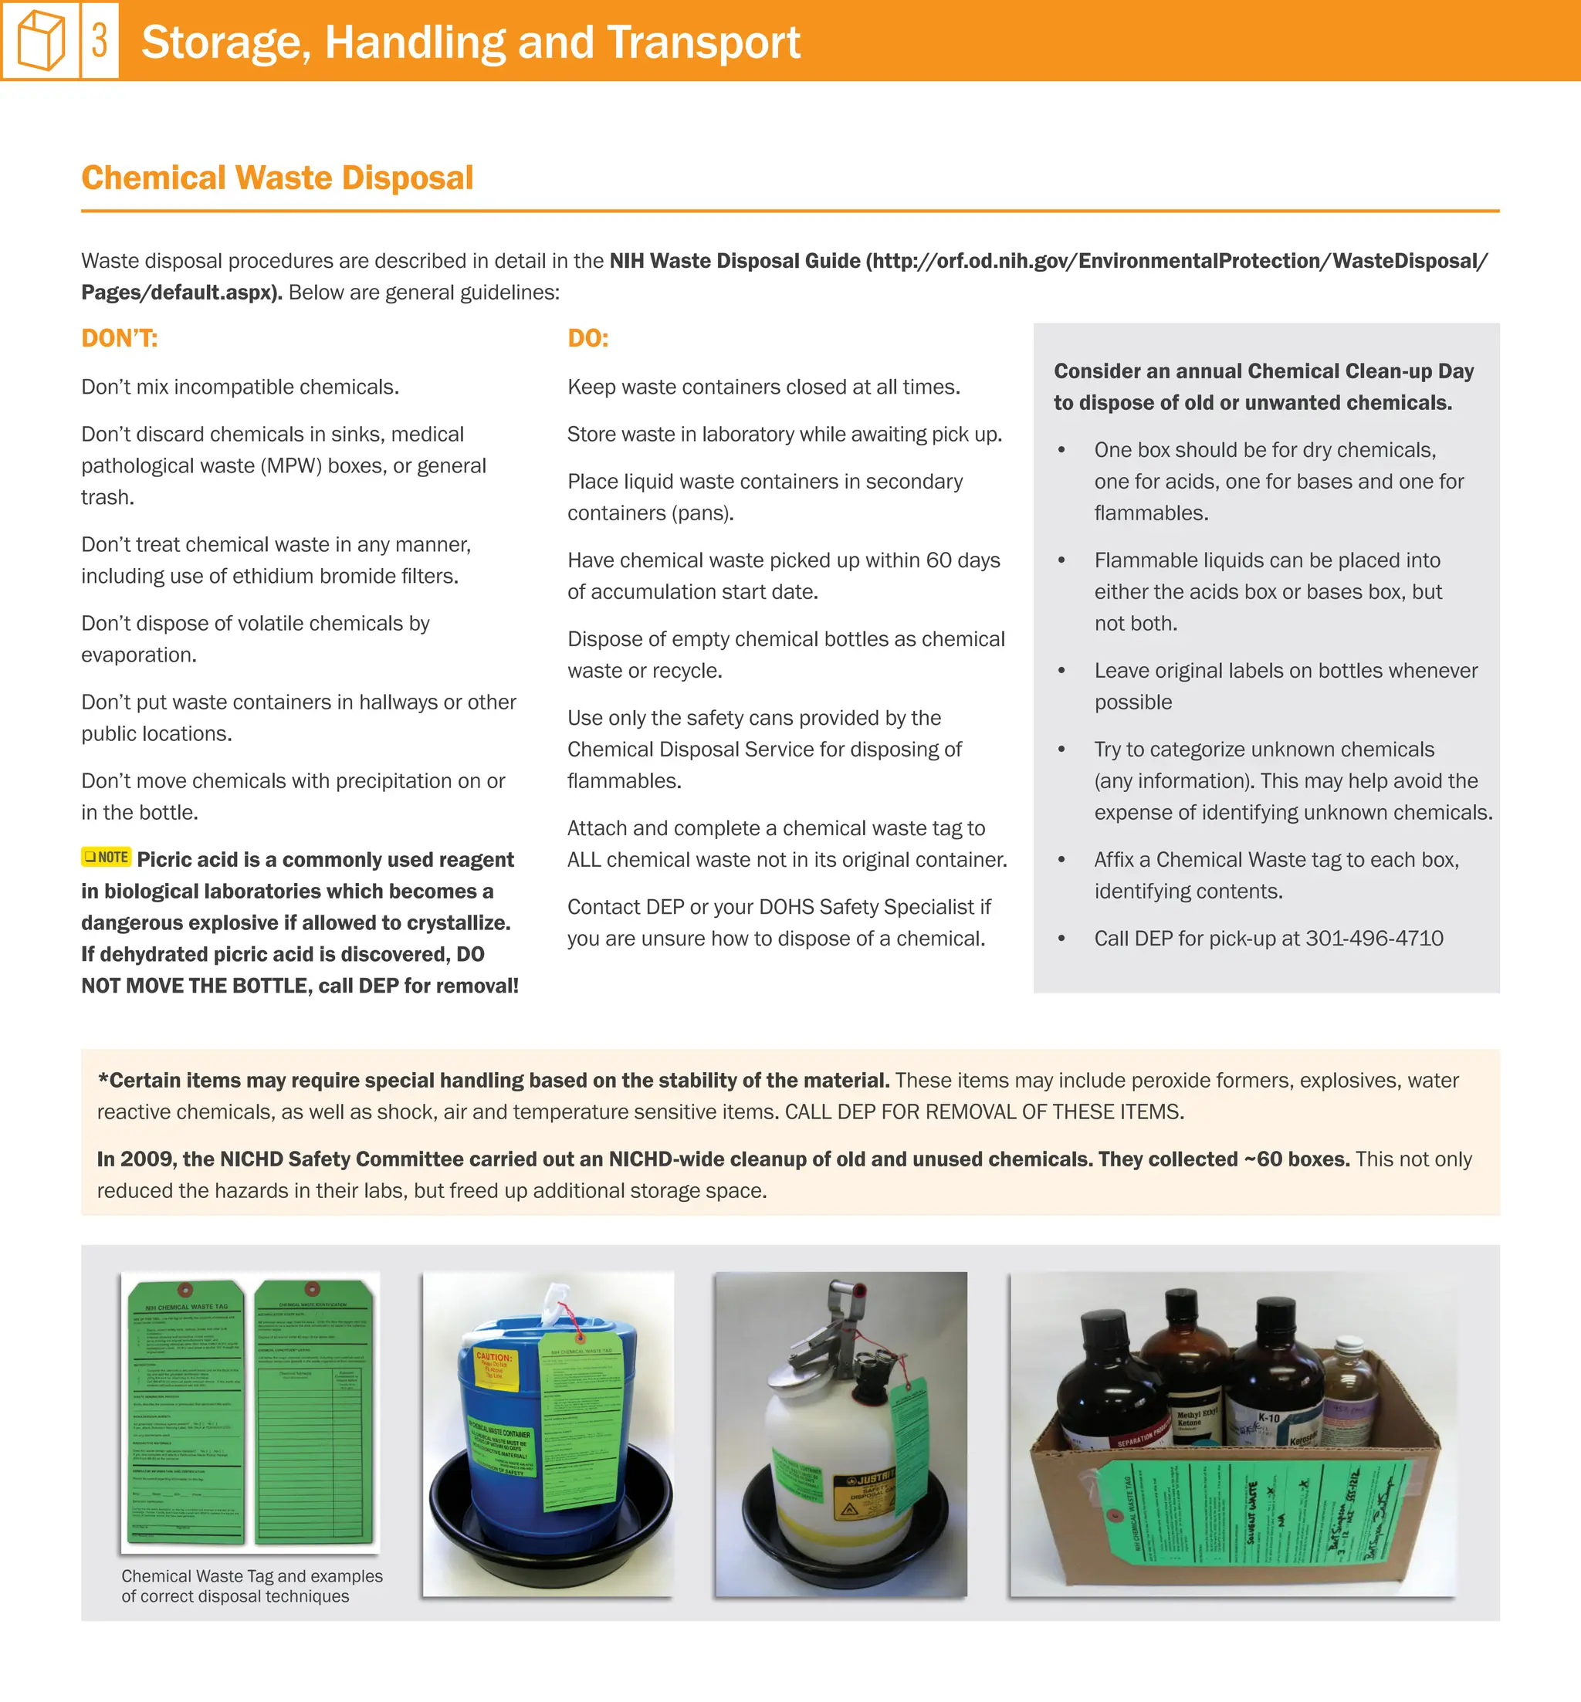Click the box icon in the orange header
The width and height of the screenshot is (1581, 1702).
pyautogui.click(x=40, y=41)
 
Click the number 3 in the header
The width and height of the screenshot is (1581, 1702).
pyautogui.click(x=100, y=40)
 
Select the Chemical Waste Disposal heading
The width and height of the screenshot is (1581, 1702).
pyautogui.click(x=276, y=178)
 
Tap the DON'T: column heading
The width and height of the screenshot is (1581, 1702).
pyautogui.click(x=119, y=339)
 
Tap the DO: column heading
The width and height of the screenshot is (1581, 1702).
pyautogui.click(x=587, y=339)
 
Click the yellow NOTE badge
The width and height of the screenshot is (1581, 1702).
pyautogui.click(x=106, y=857)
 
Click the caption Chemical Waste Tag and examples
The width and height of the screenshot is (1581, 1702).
pyautogui.click(x=252, y=1575)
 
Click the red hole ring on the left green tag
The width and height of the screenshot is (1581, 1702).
pyautogui.click(x=184, y=1290)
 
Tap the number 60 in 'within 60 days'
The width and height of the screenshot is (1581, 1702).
pyautogui.click(x=939, y=560)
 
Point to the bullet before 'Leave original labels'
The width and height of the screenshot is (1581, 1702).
pyautogui.click(x=1061, y=672)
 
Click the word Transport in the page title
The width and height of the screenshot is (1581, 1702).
pyautogui.click(x=703, y=42)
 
